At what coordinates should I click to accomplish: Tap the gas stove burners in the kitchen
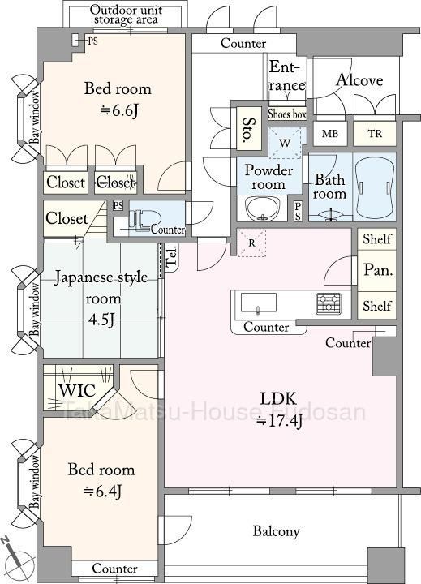[x=329, y=303]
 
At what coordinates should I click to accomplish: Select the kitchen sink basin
[x=259, y=303]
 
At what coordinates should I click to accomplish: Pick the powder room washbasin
[x=262, y=208]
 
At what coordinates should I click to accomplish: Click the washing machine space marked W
[x=285, y=143]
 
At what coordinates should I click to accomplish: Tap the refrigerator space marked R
[x=251, y=243]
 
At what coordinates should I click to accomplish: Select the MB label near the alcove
[x=329, y=133]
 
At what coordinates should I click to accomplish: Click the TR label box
[x=375, y=133]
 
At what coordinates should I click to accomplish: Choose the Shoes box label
[x=287, y=114]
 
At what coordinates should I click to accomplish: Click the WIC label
[x=77, y=391]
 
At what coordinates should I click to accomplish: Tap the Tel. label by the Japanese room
[x=171, y=257]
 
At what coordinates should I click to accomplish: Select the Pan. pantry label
[x=378, y=269]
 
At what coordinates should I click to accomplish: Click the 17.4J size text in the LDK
[x=279, y=422]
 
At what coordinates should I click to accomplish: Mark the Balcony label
[x=276, y=531]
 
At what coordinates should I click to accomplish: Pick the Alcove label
[x=359, y=80]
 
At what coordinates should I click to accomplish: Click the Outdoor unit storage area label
[x=126, y=15]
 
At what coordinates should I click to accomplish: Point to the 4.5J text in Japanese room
[x=101, y=320]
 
